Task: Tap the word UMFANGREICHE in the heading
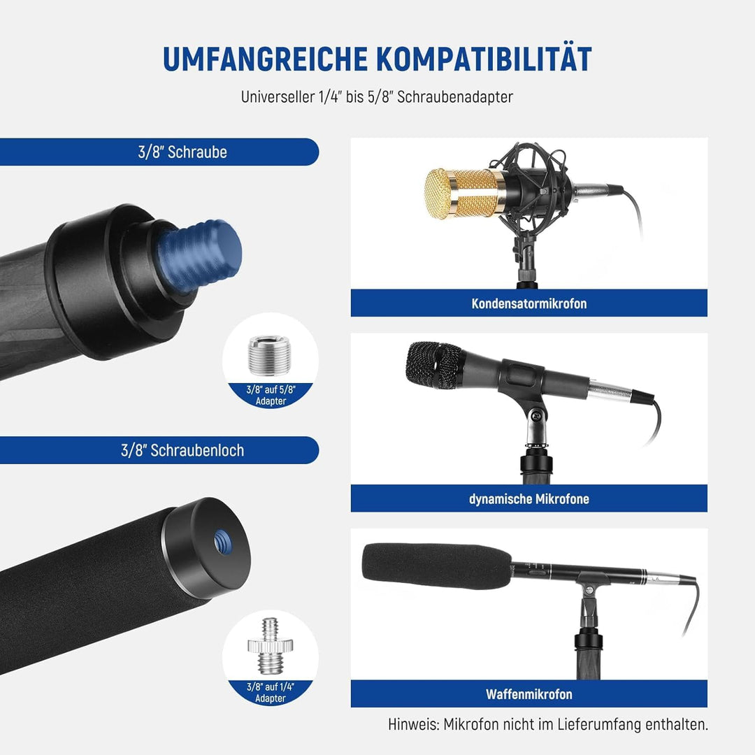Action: point(266,59)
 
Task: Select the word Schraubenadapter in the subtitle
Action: point(455,96)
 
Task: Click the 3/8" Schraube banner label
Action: point(182,152)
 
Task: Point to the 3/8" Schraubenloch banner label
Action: point(182,451)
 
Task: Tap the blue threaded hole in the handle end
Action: point(223,542)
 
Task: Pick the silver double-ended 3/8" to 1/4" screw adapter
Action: point(270,646)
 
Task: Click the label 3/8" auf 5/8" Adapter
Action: point(271,395)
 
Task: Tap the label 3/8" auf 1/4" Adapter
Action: point(271,692)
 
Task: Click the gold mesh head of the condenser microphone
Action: point(465,194)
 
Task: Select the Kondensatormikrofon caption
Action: point(529,304)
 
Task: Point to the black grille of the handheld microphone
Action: point(433,364)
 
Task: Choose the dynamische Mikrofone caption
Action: point(529,499)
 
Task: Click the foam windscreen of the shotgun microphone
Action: point(436,567)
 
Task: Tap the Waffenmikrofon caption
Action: point(529,694)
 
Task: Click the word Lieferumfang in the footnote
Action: point(599,725)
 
